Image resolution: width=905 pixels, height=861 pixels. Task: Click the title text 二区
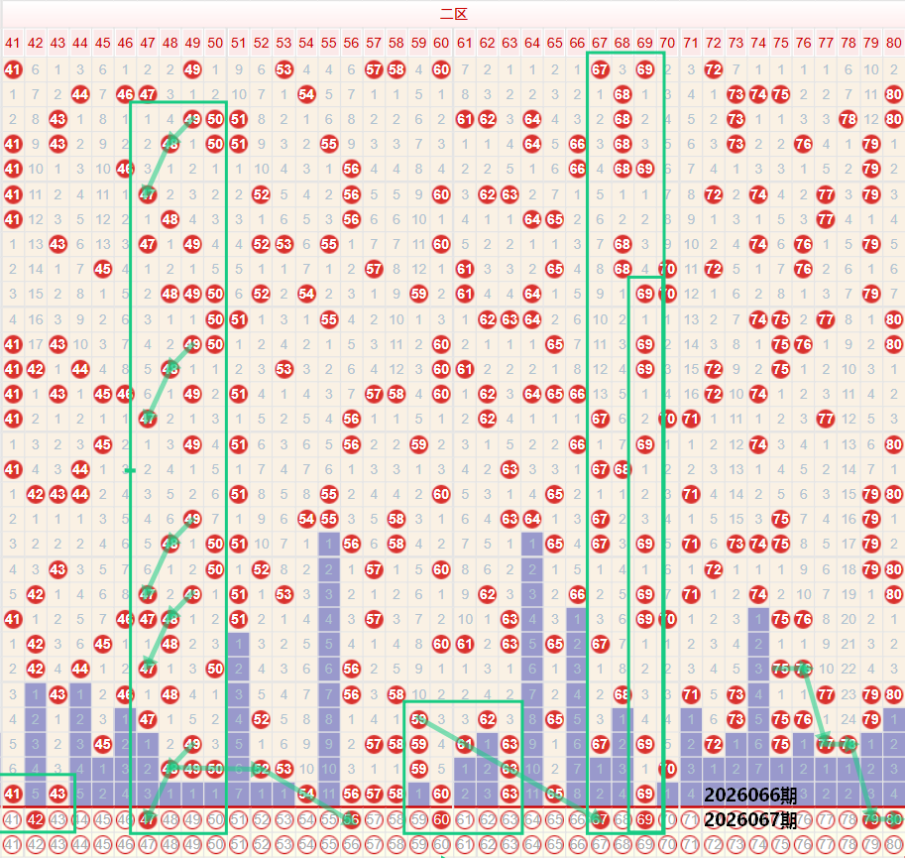point(453,14)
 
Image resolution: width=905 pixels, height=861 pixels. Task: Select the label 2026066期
point(750,796)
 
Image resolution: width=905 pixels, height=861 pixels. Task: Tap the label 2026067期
point(750,820)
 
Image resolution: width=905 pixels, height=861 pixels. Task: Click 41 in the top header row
point(12,43)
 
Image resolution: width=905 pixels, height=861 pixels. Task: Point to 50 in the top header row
point(215,43)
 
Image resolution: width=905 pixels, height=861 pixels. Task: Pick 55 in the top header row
point(328,43)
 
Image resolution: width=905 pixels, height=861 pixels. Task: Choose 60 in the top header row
point(441,43)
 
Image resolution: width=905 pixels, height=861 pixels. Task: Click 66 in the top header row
point(578,43)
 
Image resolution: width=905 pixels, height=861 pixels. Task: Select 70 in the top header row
point(667,43)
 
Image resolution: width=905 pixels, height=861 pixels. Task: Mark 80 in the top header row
point(894,43)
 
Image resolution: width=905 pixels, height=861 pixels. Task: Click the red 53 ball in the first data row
point(283,69)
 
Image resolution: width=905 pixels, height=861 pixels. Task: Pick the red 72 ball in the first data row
point(714,69)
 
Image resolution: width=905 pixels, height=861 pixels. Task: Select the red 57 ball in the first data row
point(374,69)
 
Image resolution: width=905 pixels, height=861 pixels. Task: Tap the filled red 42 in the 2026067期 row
point(35,819)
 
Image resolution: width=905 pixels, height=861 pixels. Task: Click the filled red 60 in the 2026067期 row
point(441,819)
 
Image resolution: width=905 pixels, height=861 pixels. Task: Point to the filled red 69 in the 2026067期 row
point(645,819)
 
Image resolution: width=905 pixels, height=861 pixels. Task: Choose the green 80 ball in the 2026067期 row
point(894,819)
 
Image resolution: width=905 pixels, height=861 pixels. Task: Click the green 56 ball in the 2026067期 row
point(351,819)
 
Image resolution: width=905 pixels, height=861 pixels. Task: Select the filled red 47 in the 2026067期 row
point(148,819)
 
